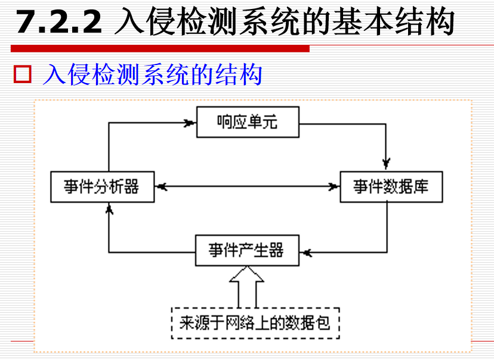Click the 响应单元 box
coord(247,123)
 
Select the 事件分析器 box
coord(102,187)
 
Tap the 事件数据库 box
coord(391,187)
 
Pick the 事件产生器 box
coord(246,250)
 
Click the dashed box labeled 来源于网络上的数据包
coord(255,324)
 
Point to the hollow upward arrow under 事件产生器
coord(247,287)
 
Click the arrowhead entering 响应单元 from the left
coord(190,124)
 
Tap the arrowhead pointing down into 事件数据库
coord(387,162)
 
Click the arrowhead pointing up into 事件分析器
coord(109,209)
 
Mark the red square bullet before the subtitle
coord(22,76)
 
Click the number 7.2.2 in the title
coord(58,23)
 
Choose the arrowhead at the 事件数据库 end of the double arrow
coord(332,187)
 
